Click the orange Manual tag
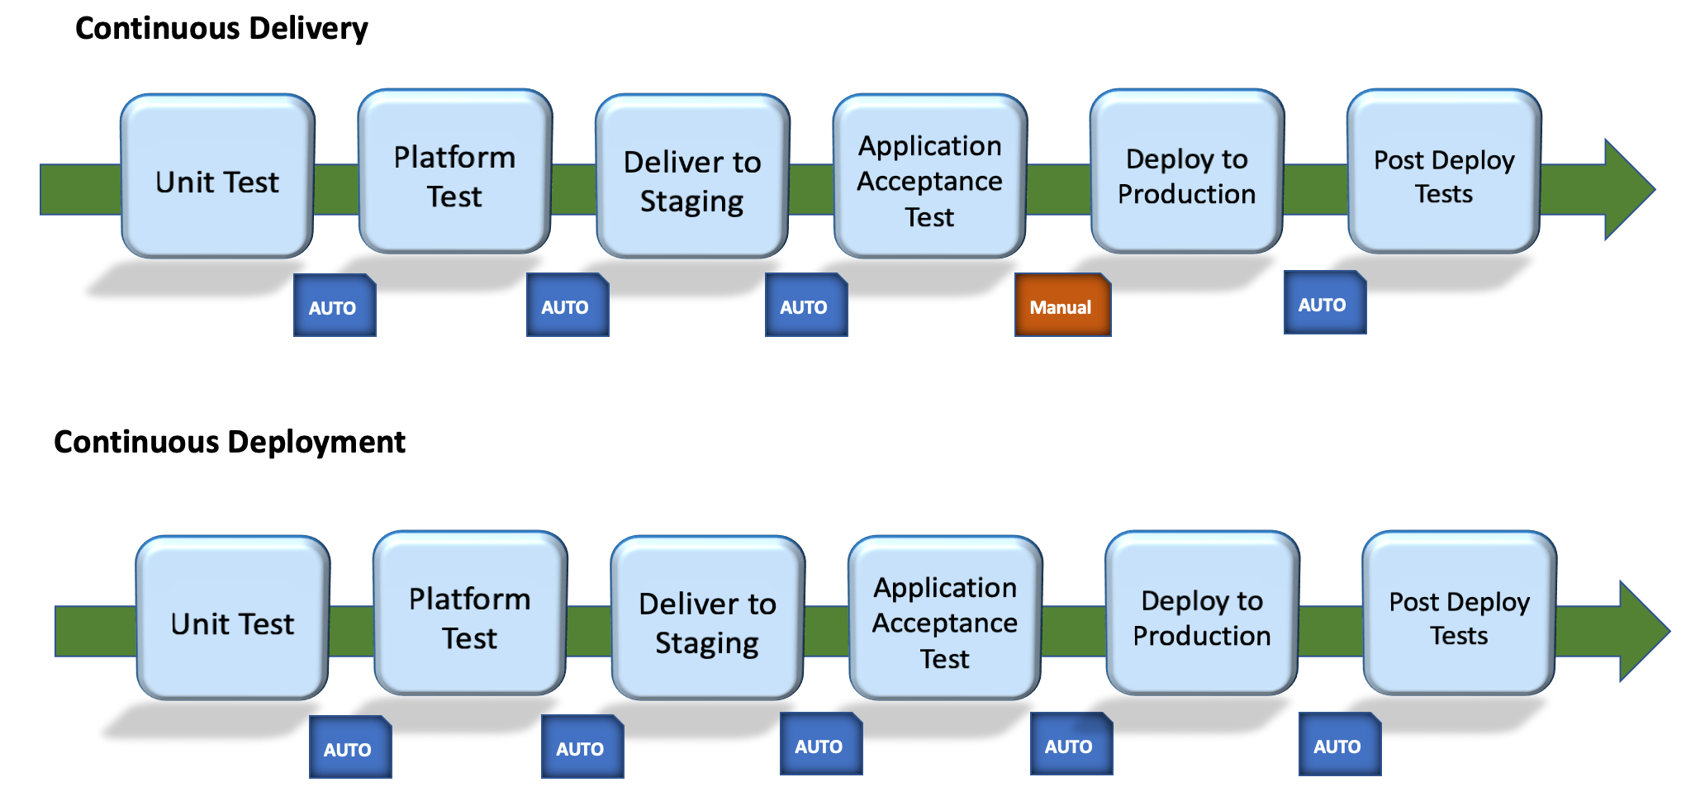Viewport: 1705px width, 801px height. point(1062,306)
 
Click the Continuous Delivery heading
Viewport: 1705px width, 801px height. point(221,29)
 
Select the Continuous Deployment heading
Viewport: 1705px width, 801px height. point(230,443)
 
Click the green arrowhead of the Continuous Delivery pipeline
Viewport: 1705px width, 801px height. point(1626,190)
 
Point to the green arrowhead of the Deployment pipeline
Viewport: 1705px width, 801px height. point(1641,632)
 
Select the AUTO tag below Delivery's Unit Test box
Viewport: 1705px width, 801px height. point(335,306)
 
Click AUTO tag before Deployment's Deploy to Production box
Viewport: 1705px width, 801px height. point(1071,745)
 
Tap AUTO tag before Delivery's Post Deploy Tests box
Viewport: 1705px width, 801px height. point(1324,303)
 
